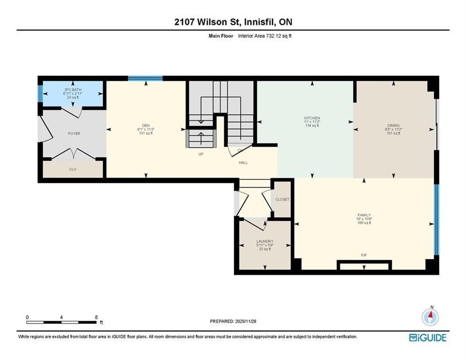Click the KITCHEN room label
click(312, 118)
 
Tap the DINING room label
click(393, 126)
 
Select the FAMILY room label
click(364, 215)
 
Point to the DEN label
click(146, 126)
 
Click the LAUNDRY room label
click(265, 241)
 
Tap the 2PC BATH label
click(73, 90)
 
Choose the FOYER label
click(74, 134)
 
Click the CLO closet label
click(73, 169)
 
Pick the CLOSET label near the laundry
click(282, 199)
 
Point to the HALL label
click(243, 163)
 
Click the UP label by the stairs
click(201, 154)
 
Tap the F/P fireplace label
click(364, 255)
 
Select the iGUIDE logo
click(428, 337)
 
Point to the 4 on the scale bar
click(61, 317)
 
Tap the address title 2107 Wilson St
click(207, 22)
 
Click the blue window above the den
click(145, 79)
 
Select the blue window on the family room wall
click(436, 219)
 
